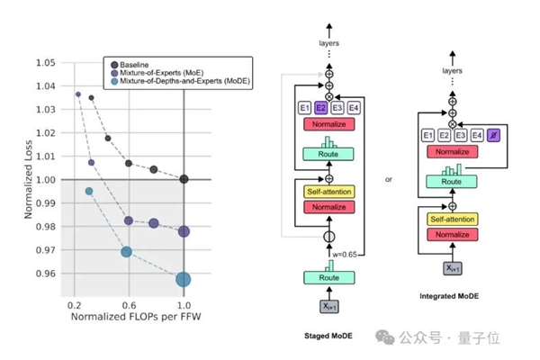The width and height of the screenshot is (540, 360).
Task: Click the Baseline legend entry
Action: (x=139, y=64)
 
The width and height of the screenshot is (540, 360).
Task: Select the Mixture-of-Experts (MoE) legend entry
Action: (x=166, y=73)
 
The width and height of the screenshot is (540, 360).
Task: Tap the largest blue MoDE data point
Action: (x=184, y=279)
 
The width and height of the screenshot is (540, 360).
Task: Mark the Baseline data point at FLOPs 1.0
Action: (x=184, y=179)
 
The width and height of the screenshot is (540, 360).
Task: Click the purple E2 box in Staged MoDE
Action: (x=320, y=108)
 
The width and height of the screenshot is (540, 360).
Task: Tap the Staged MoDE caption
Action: (x=328, y=337)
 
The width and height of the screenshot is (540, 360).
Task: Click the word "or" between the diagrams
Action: (x=389, y=179)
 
